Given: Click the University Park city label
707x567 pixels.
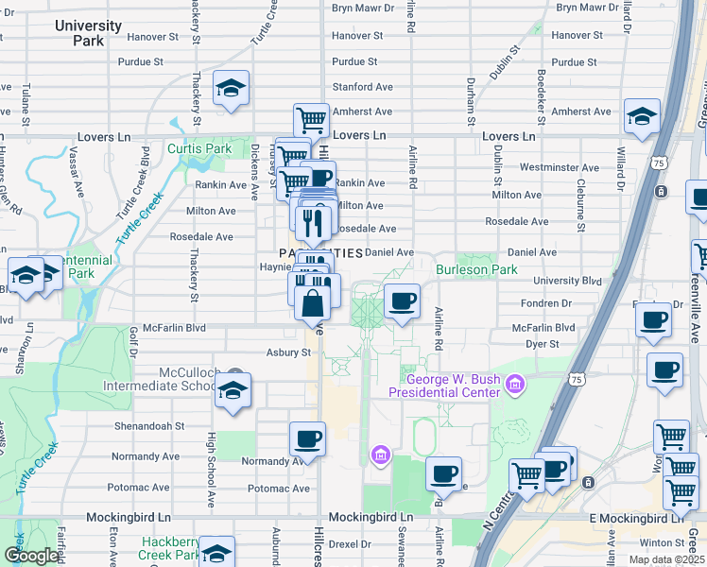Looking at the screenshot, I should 88,33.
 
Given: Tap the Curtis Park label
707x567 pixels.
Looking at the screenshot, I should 199,149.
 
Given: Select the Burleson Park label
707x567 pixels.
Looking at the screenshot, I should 476,269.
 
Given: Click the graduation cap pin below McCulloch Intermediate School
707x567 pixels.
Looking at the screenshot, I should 232,391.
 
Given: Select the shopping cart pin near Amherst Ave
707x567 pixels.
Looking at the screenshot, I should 311,120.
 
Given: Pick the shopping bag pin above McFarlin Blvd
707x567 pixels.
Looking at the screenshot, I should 312,304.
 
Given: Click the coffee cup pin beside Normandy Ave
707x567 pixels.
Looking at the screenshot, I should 307,438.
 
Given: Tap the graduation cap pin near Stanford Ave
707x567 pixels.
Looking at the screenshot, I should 231,88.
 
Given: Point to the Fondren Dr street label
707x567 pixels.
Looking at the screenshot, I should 547,304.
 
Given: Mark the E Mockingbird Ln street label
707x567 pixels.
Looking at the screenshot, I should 636,519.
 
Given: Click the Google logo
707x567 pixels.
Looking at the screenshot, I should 31,556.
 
